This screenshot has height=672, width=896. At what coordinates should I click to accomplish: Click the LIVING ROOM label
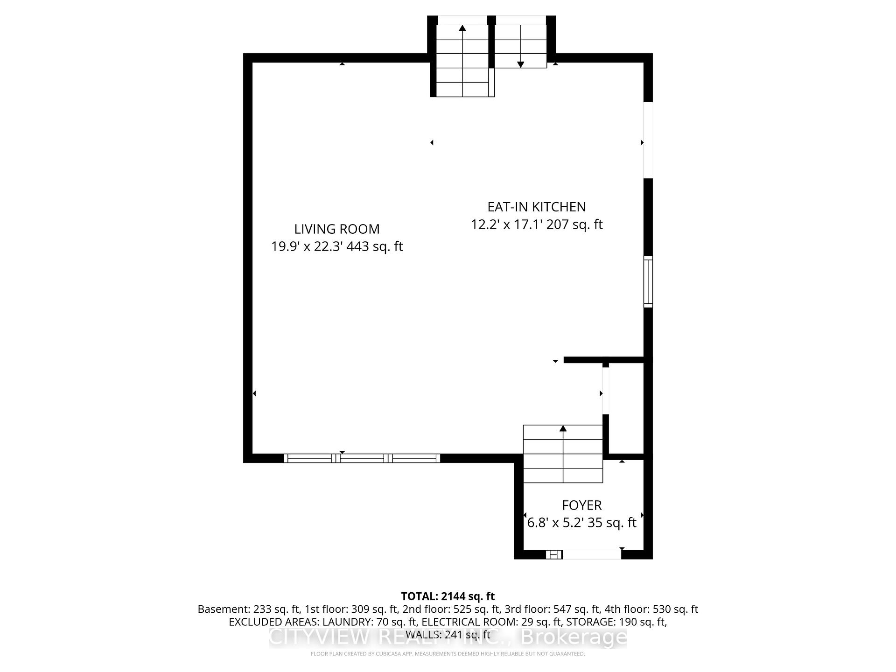(336, 229)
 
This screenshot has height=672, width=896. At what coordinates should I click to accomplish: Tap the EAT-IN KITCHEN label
(536, 207)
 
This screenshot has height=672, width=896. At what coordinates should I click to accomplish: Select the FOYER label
(581, 505)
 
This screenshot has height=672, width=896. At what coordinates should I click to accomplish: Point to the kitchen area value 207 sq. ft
(574, 224)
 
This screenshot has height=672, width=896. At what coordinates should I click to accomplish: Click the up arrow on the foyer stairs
(563, 428)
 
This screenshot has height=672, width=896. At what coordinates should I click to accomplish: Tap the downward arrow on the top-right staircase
(520, 64)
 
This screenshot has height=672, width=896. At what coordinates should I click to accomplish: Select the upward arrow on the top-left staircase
(462, 28)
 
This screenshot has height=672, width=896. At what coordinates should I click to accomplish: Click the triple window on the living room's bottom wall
(362, 458)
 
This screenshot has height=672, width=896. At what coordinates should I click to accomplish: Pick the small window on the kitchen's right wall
(648, 281)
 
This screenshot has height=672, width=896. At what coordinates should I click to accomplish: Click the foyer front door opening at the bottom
(592, 554)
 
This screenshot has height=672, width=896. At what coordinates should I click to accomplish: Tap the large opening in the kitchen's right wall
(648, 140)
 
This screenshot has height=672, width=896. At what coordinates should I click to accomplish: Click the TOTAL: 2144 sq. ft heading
(448, 596)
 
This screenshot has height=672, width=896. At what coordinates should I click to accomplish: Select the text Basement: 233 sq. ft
(249, 609)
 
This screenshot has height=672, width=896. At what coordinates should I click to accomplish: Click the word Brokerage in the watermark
(574, 637)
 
